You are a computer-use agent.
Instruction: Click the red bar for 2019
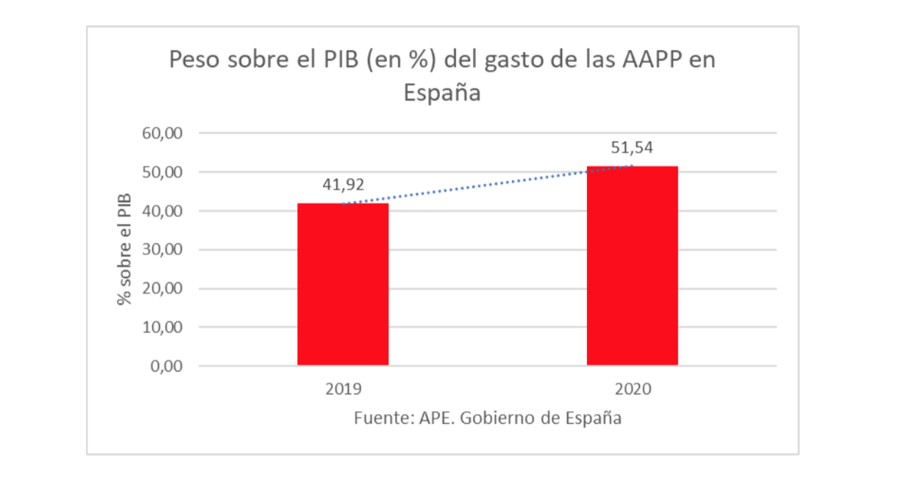[343, 284]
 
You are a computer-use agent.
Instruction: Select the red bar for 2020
[632, 266]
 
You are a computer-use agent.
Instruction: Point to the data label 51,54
[632, 147]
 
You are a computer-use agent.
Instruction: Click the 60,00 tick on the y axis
[161, 133]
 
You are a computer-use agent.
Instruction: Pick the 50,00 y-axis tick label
[161, 172]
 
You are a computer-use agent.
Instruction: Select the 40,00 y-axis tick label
[161, 211]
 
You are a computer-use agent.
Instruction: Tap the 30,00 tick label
[161, 250]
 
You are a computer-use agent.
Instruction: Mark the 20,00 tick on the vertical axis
[161, 289]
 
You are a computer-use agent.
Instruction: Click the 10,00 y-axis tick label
[161, 327]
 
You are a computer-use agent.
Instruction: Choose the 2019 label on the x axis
[343, 389]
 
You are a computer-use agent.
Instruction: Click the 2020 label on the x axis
[632, 389]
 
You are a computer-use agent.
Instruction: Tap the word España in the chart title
[441, 93]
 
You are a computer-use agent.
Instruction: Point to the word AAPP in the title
[650, 59]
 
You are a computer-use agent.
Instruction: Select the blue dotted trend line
[486, 185]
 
